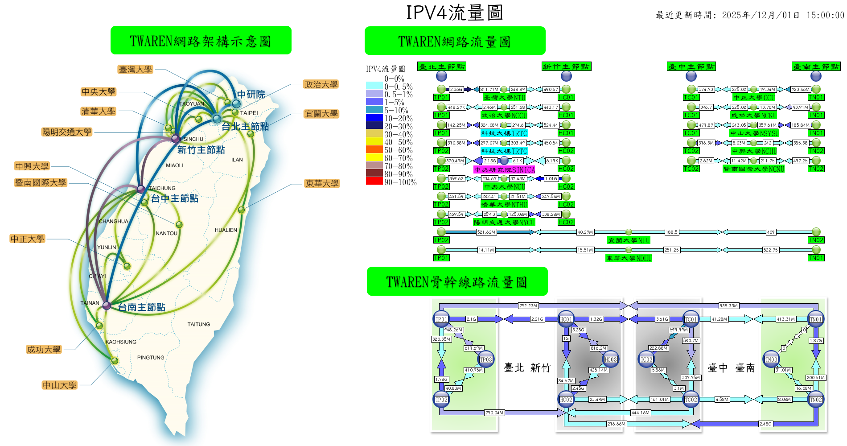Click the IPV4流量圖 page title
pos(454,12)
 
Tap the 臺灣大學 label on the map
pos(136,70)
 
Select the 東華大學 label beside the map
pos(322,183)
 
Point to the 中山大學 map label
pos(60,385)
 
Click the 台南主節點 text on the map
pos(141,307)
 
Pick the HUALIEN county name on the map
pos(226,230)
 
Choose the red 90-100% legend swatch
pos(374,182)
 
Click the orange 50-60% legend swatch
pos(374,150)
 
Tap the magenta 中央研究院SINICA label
pos(504,169)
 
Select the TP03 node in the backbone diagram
pos(486,359)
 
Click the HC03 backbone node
pos(611,359)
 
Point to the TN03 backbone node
pos(771,359)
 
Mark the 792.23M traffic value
pos(528,306)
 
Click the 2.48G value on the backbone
pos(765,424)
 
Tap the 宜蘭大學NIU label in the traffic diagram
pos(629,240)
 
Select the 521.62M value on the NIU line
pos(486,232)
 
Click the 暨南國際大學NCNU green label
pos(753,169)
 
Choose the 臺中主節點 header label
pos(691,66)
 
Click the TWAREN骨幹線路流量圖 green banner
pos(457,281)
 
